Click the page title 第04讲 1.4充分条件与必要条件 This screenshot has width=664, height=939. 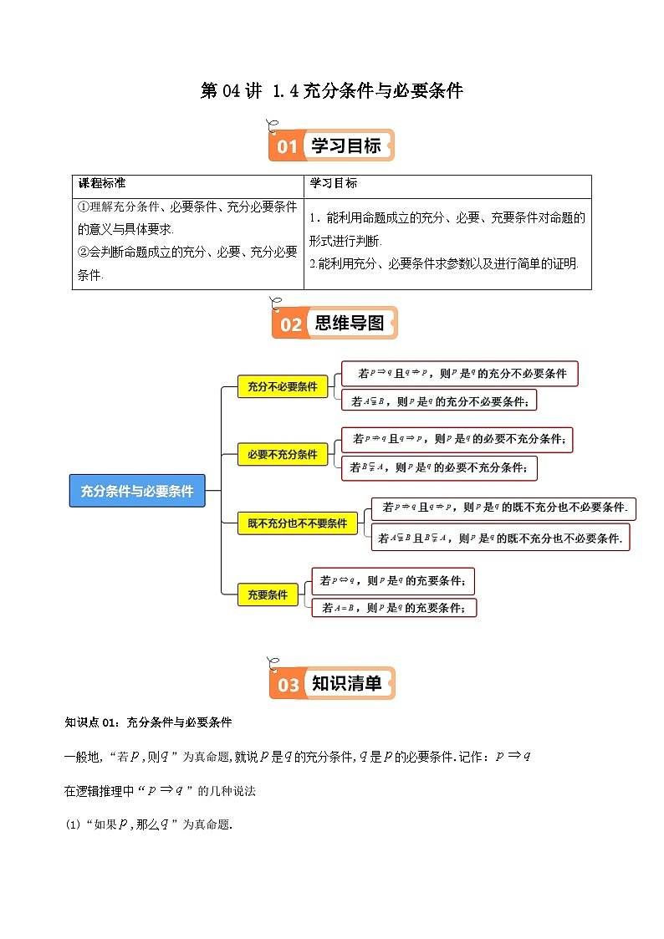click(x=332, y=91)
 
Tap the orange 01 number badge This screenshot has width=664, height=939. click(x=287, y=147)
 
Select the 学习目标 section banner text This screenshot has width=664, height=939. click(x=346, y=146)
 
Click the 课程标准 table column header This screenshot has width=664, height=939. click(x=101, y=183)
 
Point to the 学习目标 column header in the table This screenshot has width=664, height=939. click(x=334, y=183)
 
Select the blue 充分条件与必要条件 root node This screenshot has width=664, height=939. click(x=136, y=492)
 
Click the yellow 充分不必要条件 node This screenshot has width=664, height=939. click(x=283, y=386)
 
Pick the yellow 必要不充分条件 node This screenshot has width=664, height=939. click(x=283, y=455)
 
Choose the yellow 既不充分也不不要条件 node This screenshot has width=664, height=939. click(x=297, y=523)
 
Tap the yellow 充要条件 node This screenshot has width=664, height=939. click(x=267, y=595)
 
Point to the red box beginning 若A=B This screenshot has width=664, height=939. click(x=394, y=609)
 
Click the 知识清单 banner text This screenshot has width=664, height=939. click(x=347, y=684)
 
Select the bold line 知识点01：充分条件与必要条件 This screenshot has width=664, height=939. click(x=148, y=722)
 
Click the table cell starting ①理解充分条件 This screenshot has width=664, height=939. click(x=187, y=243)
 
